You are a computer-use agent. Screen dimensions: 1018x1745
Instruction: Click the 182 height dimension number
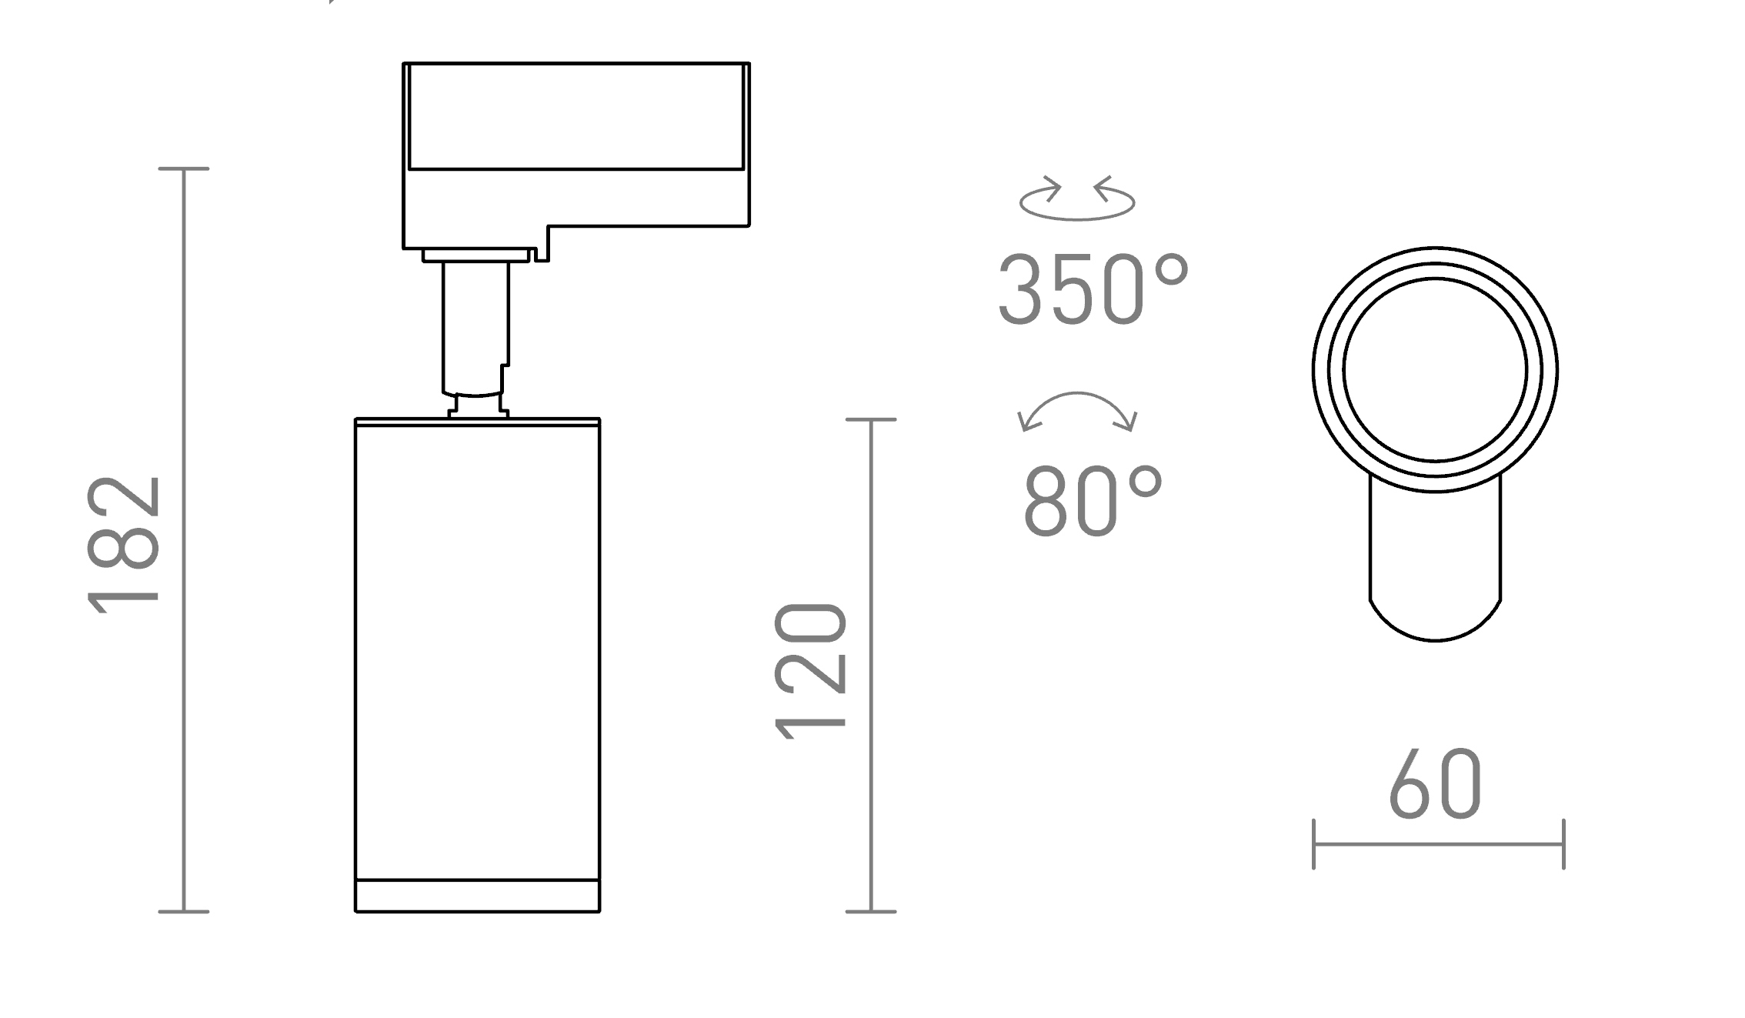coord(125,545)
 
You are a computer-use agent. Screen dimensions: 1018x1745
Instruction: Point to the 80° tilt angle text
coord(1093,501)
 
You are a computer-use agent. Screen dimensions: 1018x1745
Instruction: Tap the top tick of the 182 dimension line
coord(184,169)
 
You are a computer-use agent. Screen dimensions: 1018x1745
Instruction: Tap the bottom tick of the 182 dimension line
coord(184,912)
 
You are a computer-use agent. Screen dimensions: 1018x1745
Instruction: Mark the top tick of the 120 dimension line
coord(871,419)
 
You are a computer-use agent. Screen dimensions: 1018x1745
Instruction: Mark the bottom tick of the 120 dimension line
coord(871,912)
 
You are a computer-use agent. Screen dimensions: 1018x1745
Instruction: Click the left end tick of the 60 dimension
coord(1313,844)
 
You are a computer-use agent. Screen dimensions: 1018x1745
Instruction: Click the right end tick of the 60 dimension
coord(1563,844)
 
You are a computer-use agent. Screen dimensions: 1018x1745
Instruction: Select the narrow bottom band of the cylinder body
coord(477,895)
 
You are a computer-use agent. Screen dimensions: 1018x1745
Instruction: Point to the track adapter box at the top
coord(576,146)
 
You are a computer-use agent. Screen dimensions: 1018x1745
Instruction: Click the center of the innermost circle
coord(1435,370)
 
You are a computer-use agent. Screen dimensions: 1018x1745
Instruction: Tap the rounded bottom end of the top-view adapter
coord(1435,619)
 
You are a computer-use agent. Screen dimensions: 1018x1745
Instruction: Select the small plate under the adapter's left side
coord(475,255)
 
